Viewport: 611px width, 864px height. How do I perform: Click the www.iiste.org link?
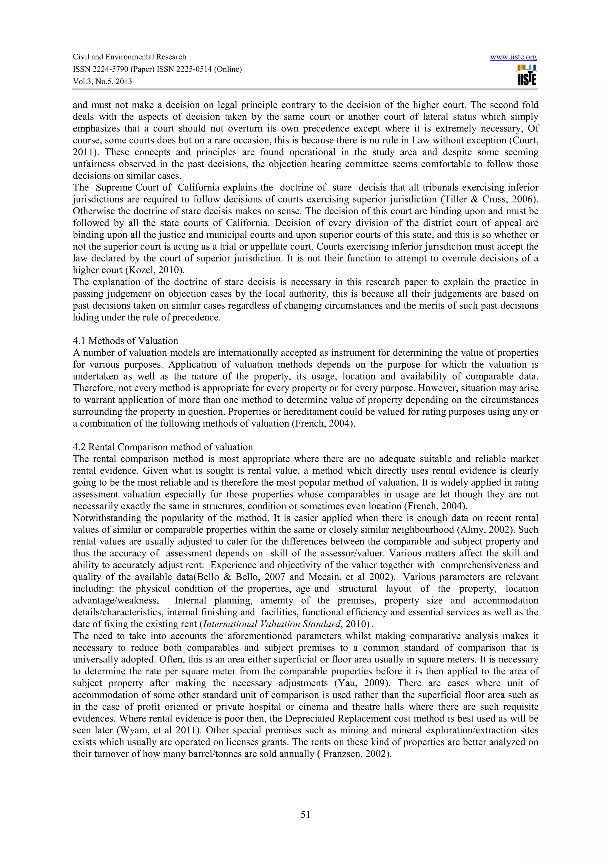pos(513,57)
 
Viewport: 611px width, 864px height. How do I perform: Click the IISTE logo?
pos(527,75)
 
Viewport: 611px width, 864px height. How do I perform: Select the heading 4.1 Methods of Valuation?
pos(125,341)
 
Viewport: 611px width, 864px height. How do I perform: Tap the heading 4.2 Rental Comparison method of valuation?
pos(163,447)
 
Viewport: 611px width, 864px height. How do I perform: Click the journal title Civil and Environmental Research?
pos(129,57)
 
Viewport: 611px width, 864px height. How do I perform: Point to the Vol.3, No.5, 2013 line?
pos(102,81)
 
